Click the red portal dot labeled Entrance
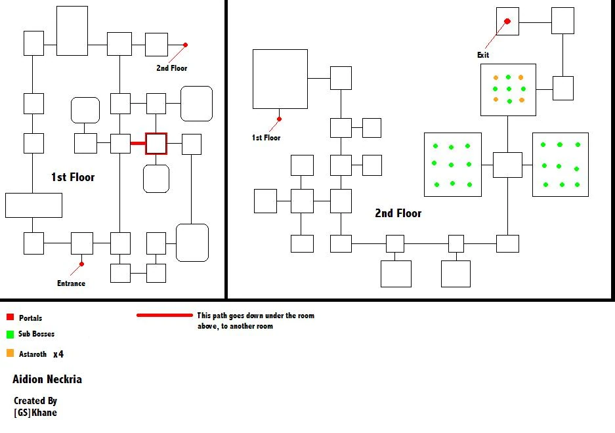coord(81,264)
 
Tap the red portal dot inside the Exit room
coord(507,21)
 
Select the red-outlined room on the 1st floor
coord(156,144)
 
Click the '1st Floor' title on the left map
coord(73,177)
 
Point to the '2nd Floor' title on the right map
coord(398,213)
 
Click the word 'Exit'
coord(483,55)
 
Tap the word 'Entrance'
coord(71,283)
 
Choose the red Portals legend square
coord(11,317)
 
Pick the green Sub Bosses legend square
coord(11,334)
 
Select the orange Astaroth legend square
coord(11,353)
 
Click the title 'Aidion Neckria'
coord(47,379)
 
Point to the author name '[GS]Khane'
coord(35,413)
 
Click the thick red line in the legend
coord(165,315)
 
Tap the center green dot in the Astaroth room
coord(509,89)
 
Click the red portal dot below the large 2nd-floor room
coord(279,119)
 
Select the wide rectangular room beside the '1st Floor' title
coord(33,205)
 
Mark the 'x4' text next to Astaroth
coord(58,354)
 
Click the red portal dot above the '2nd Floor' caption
coord(186,45)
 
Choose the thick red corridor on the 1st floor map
coord(138,144)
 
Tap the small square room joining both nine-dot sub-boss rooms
coord(507,165)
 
